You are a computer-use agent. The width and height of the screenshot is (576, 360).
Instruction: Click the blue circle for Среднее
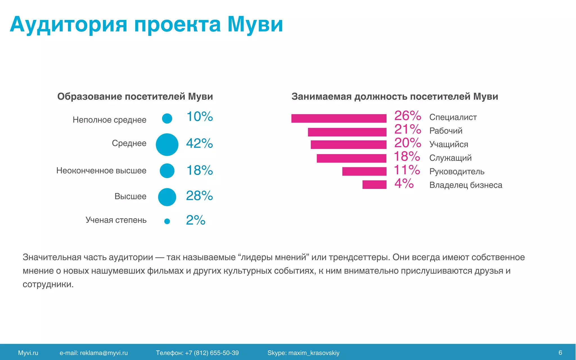tap(167, 145)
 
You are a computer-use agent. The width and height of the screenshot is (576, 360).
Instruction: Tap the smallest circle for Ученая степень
tap(167, 221)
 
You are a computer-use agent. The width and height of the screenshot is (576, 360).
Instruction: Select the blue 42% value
tap(199, 143)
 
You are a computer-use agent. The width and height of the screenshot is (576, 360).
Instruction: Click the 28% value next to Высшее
tap(199, 196)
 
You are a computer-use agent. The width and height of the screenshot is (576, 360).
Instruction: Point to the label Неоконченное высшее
tap(101, 170)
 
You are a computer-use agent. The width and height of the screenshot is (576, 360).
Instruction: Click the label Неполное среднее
tap(109, 120)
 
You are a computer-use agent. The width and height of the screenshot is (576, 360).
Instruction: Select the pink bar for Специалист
tap(339, 118)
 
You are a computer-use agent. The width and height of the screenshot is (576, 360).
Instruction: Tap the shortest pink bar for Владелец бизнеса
tap(374, 184)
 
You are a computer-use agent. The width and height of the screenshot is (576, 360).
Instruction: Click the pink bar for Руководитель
tap(364, 171)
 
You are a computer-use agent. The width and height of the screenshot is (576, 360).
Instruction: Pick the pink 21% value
tap(408, 129)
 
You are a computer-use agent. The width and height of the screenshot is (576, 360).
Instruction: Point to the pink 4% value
tap(404, 184)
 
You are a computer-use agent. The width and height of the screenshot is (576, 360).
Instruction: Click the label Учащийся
tap(449, 144)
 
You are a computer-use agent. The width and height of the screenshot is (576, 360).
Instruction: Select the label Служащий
tap(450, 158)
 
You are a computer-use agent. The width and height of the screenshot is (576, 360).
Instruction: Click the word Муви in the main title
tap(255, 25)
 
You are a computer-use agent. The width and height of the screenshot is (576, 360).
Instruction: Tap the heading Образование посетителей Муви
tap(135, 96)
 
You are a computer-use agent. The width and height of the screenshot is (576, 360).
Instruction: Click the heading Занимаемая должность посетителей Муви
tap(395, 96)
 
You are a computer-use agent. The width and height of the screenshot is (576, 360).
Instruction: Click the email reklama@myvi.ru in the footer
tap(104, 353)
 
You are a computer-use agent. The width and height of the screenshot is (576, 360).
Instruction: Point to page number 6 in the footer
tap(560, 353)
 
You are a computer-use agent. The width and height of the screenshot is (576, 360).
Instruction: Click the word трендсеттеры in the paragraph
tap(359, 257)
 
